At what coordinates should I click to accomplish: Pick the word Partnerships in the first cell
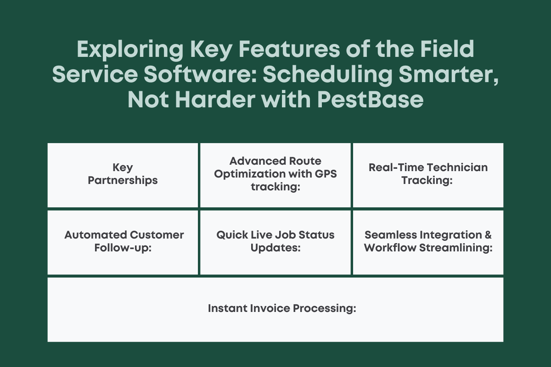123,180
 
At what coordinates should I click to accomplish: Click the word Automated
95,235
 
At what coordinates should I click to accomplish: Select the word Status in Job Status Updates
316,235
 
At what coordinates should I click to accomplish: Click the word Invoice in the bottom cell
260,308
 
